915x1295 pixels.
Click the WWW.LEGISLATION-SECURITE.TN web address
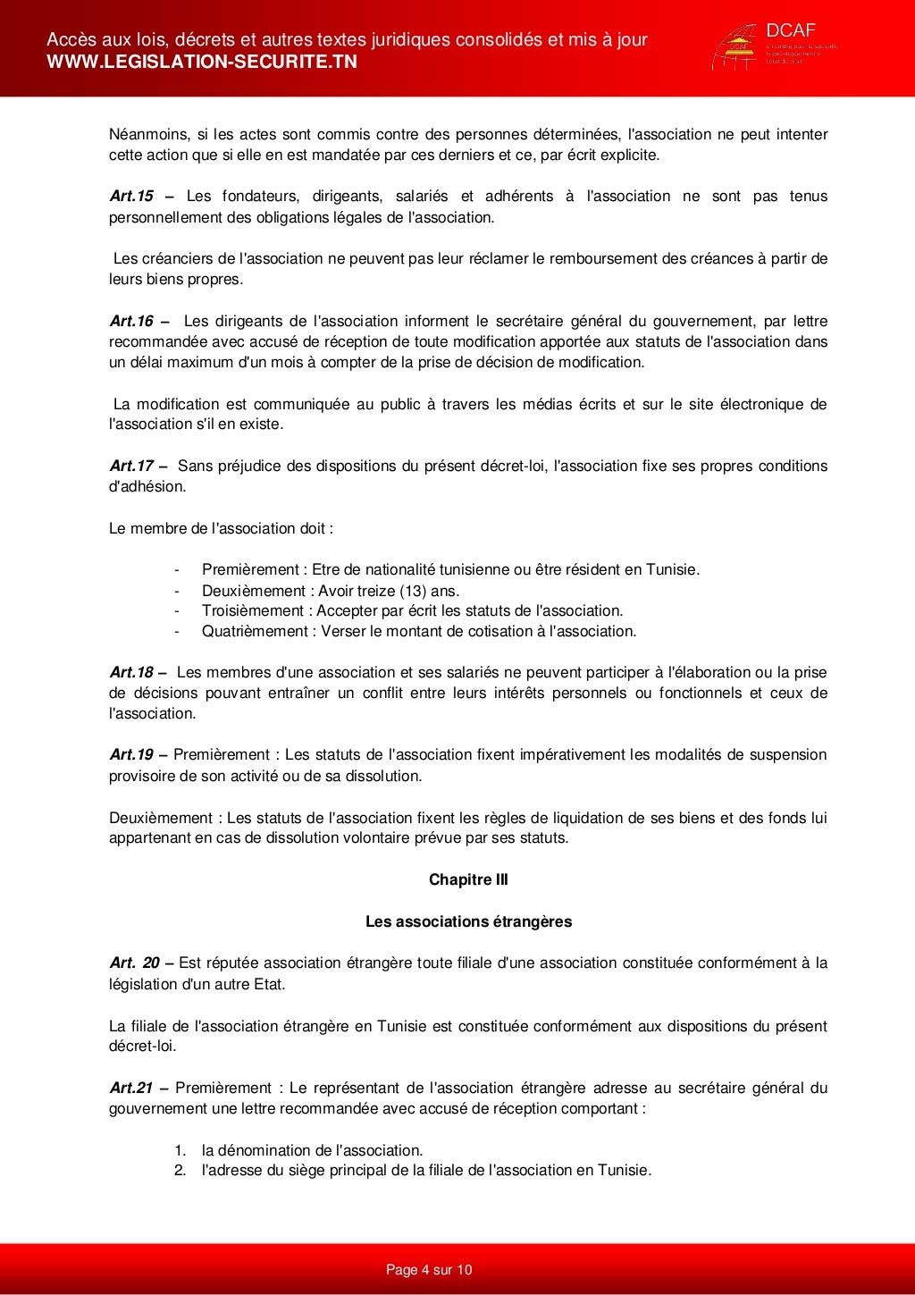coord(201,62)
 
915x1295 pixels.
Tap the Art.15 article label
coord(131,197)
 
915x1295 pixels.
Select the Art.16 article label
coord(131,322)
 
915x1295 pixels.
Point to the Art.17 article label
coord(131,467)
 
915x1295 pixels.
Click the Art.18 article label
coord(131,673)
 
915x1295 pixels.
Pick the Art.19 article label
coord(131,755)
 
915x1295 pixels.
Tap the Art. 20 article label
coord(134,963)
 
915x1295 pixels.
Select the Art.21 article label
coord(131,1089)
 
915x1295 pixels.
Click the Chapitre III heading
coord(468,880)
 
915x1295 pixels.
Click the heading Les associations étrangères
coord(468,921)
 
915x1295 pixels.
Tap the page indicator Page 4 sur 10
coord(429,1270)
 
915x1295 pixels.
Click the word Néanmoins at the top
coord(147,135)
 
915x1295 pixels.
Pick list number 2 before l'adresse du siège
coord(180,1171)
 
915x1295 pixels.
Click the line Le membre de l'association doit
coord(221,529)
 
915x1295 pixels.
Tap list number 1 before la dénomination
coord(180,1151)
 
